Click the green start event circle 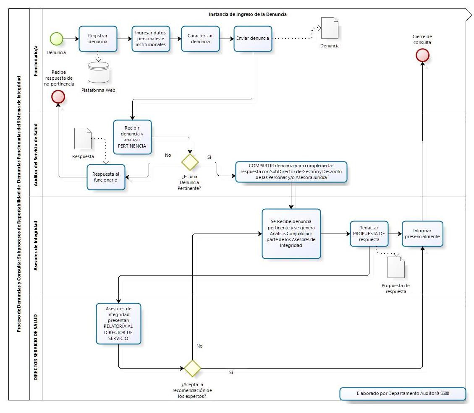[56, 39]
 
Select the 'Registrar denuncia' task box [97, 39]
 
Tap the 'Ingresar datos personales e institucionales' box [150, 39]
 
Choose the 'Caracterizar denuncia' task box [200, 39]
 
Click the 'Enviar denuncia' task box [253, 39]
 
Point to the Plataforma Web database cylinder [99, 73]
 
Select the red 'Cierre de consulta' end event [422, 55]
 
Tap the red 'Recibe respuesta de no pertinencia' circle [58, 97]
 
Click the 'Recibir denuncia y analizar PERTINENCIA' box [132, 137]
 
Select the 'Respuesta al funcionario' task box [106, 177]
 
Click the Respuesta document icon [83, 138]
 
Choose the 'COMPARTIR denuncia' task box [291, 172]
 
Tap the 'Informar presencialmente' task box [422, 236]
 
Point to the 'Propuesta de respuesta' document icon [396, 267]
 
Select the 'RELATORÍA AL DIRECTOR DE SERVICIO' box [118, 323]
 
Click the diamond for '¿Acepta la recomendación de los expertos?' [193, 368]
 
